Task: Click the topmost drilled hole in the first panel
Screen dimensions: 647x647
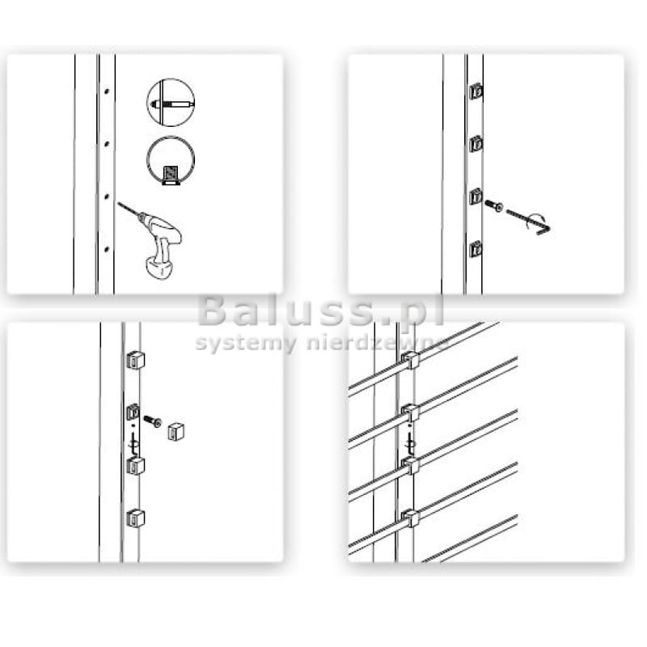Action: point(107,91)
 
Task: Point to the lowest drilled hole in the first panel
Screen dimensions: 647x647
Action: point(107,248)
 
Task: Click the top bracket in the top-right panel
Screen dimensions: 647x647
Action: point(476,91)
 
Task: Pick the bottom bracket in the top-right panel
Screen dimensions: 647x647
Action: point(476,249)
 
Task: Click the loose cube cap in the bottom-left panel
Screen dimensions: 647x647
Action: point(175,432)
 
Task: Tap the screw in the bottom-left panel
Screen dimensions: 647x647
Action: point(153,421)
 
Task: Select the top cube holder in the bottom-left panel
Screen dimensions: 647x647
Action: point(135,360)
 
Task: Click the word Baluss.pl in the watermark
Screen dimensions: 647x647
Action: point(321,311)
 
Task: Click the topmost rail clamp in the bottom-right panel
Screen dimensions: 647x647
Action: point(411,360)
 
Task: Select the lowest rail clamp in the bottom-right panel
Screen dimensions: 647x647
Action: point(411,518)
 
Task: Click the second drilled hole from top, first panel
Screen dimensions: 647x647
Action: point(107,144)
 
